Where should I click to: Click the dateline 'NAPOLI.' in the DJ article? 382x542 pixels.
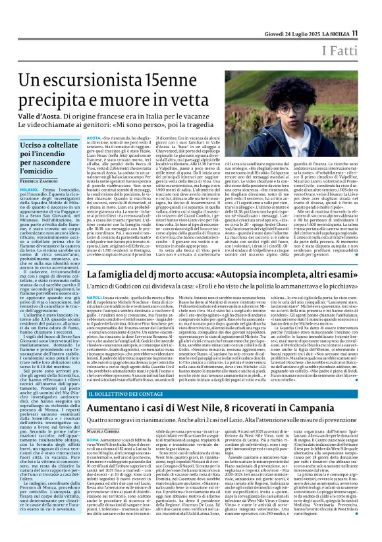tap(95, 298)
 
